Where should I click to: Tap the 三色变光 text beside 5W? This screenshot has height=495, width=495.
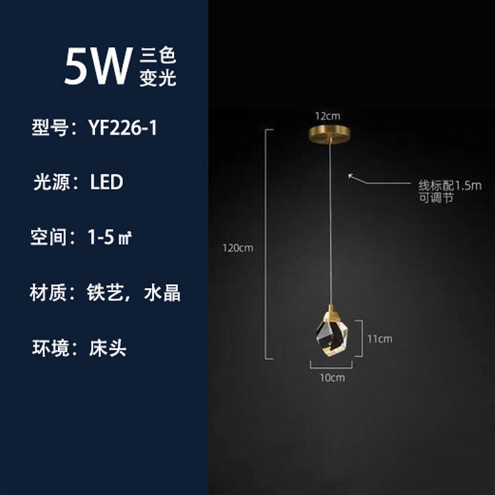(x=158, y=67)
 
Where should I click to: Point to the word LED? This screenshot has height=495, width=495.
(x=106, y=183)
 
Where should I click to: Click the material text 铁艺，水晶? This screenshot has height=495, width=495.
(x=134, y=292)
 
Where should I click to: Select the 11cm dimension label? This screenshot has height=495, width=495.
(x=380, y=338)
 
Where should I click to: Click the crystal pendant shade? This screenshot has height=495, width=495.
(x=332, y=337)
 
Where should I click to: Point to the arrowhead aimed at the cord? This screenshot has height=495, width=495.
(x=350, y=176)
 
